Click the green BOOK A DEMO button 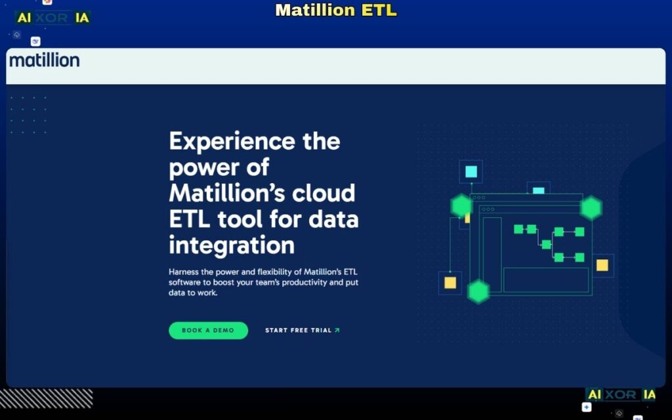[x=208, y=330]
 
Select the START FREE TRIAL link [x=298, y=330]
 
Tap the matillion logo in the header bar [x=44, y=61]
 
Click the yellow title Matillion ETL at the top [x=336, y=10]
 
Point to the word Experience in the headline [x=232, y=141]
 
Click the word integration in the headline [x=232, y=245]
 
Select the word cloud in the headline [x=325, y=193]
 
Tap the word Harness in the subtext [x=184, y=272]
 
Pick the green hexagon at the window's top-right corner [x=591, y=208]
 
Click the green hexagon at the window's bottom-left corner [x=478, y=291]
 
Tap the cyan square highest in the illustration [x=471, y=172]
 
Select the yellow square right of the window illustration [x=602, y=265]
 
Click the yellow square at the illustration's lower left [x=450, y=283]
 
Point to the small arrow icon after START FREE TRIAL [x=337, y=330]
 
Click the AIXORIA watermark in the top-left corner [x=52, y=18]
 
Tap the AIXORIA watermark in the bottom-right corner [x=620, y=394]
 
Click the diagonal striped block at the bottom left [x=46, y=398]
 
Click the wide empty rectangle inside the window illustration [x=545, y=280]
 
